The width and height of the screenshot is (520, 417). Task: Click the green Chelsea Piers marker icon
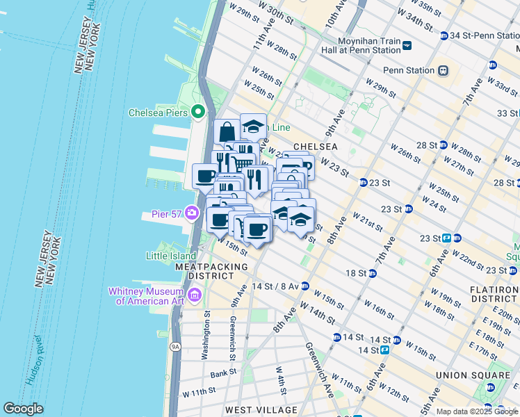(197, 112)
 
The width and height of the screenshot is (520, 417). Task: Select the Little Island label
(167, 255)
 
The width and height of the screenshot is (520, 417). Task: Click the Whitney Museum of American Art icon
(194, 295)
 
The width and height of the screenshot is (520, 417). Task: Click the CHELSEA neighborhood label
(315, 147)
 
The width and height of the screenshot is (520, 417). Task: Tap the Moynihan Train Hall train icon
(407, 46)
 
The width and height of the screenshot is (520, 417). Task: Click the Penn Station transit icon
(443, 70)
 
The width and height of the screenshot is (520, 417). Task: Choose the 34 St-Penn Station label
(480, 35)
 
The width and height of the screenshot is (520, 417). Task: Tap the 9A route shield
(174, 345)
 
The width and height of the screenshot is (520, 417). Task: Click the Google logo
(23, 409)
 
